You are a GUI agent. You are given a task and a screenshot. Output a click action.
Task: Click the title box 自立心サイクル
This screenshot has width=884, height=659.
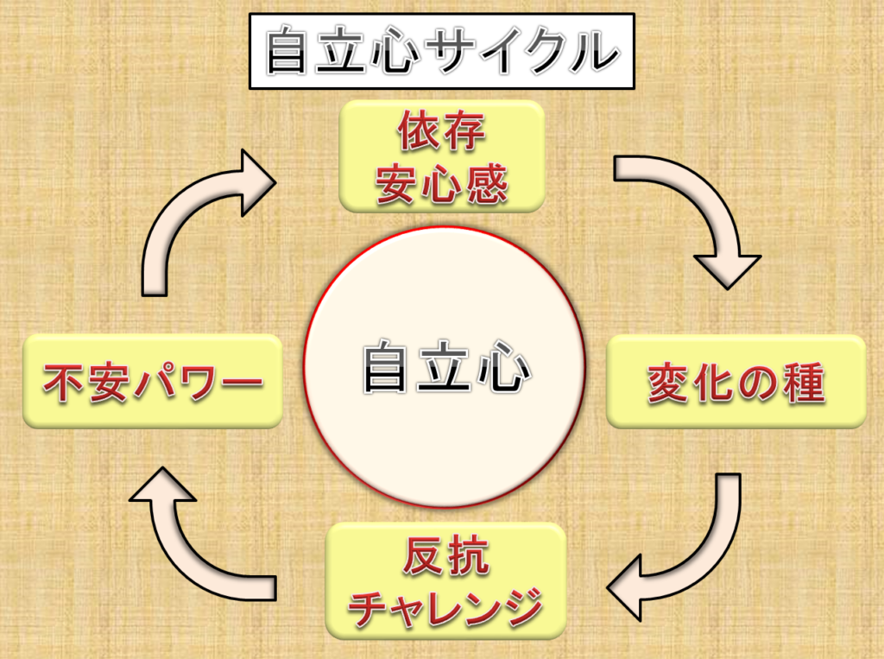(x=441, y=53)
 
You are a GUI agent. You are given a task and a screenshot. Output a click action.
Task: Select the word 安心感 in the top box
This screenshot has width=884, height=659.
(x=441, y=184)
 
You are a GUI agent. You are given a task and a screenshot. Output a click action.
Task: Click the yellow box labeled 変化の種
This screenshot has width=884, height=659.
(x=736, y=382)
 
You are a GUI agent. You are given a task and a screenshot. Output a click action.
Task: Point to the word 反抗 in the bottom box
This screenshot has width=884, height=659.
(x=445, y=556)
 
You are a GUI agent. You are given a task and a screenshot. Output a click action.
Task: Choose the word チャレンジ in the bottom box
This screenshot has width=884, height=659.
(x=445, y=606)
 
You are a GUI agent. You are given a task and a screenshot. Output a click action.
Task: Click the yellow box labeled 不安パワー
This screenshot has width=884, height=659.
(x=153, y=382)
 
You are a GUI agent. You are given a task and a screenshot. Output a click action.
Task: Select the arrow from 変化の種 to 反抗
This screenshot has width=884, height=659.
(x=691, y=553)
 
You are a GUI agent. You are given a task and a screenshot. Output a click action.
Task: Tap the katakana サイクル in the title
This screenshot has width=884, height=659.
(x=527, y=53)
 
